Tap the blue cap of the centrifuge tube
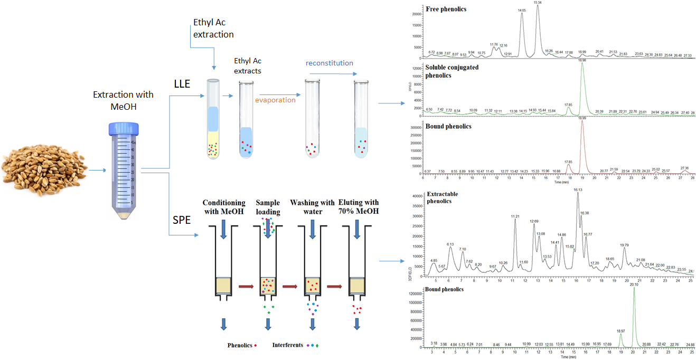pos(123,128)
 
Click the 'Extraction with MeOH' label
pos(123,100)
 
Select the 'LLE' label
pos(182,84)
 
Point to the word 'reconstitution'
pos(330,63)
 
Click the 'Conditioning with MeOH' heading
pos(224,207)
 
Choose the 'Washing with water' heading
pos(313,207)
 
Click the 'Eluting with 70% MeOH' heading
pos(357,207)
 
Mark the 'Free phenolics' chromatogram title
pos(446,9)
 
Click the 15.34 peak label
pos(538,3)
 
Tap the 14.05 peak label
pos(522,10)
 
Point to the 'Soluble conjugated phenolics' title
pos(446,71)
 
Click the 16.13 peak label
pos(578,190)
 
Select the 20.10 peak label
pos(634,285)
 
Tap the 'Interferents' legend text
pos(288,345)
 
